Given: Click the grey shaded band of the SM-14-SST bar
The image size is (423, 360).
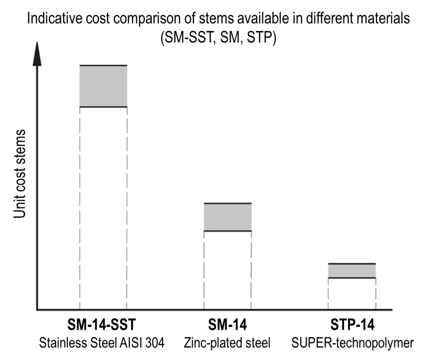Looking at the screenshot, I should pos(103,86).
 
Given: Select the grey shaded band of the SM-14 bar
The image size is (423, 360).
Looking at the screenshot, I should pos(228,217).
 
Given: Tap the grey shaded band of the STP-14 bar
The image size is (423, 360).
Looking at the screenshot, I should pos(352,270).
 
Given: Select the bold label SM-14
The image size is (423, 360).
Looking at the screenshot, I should pos(228,325).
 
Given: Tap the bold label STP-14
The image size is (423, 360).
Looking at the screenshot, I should pos(352,325).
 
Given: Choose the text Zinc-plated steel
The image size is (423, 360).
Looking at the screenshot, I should pos(228,343).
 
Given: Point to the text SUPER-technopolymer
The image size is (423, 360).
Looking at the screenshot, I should pos(352,343).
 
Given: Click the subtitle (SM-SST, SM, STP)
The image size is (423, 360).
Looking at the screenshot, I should pos(218,37).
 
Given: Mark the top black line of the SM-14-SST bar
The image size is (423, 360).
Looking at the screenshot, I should pos(103,65).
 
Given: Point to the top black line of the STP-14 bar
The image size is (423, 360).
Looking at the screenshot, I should pos(352,263).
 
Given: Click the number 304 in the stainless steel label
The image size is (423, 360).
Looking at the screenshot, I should pos(155,343).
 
